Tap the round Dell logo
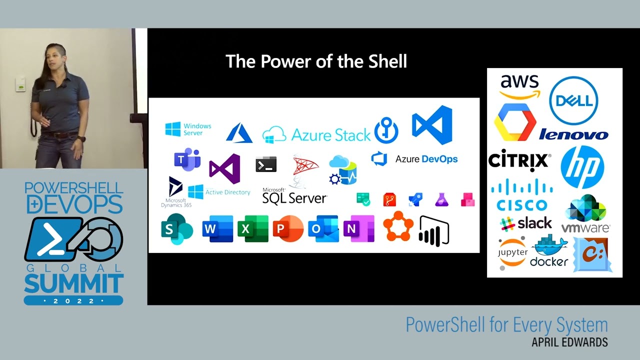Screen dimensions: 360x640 (x=574, y=100)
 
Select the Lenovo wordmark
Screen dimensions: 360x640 (x=573, y=134)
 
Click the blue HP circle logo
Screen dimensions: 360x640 (x=582, y=167)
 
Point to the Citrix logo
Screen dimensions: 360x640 (x=519, y=161)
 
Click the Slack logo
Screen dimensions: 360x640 (x=526, y=223)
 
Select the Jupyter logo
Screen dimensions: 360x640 (x=512, y=252)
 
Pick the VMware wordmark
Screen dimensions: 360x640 (x=585, y=228)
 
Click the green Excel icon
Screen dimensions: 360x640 (x=252, y=229)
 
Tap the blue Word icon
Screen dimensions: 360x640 (x=217, y=229)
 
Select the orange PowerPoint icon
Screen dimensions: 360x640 (x=288, y=229)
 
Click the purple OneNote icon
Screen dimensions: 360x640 (x=358, y=229)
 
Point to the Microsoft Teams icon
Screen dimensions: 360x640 (x=187, y=159)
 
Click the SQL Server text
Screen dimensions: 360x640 (x=294, y=198)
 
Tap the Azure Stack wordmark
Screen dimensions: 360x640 (x=331, y=134)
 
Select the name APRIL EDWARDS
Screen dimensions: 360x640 (x=569, y=342)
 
